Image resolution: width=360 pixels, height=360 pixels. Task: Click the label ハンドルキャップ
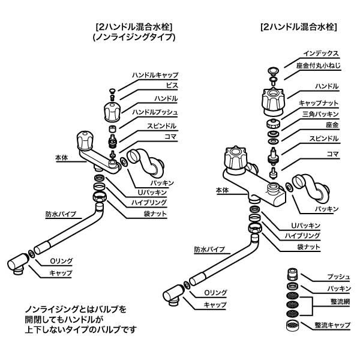pos(155,75)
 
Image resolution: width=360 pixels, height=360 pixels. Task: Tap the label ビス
pos(172,86)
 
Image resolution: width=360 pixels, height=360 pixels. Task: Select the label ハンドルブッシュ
pos(155,112)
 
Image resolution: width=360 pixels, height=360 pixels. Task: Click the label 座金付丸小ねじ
pos(318,65)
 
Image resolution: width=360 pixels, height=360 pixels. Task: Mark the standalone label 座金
pos(332,125)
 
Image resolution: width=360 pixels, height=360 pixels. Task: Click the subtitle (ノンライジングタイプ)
pos(134,37)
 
